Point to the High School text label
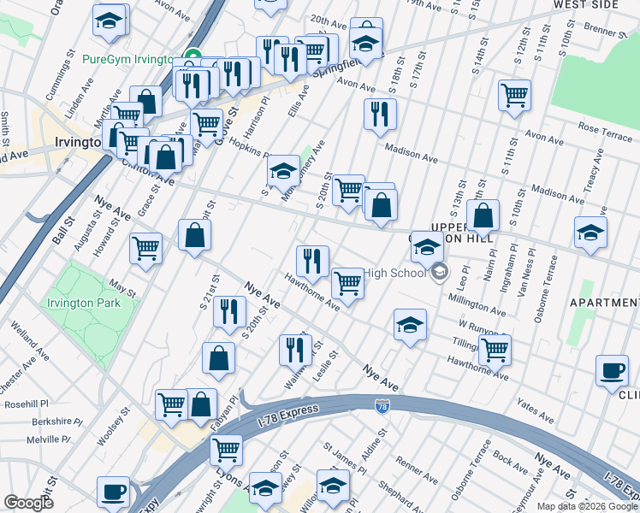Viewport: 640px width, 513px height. point(394,274)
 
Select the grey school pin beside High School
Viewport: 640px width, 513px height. point(440,274)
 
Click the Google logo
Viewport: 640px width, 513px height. point(28,503)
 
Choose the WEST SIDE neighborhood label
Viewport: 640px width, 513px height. point(585,4)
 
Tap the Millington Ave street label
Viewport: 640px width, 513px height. point(481,303)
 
